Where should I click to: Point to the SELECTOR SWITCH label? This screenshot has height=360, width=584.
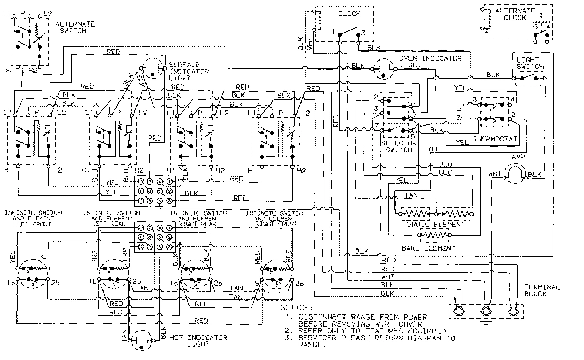pyautogui.click(x=397, y=147)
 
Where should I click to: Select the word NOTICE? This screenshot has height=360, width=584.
pyautogui.click(x=296, y=307)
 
